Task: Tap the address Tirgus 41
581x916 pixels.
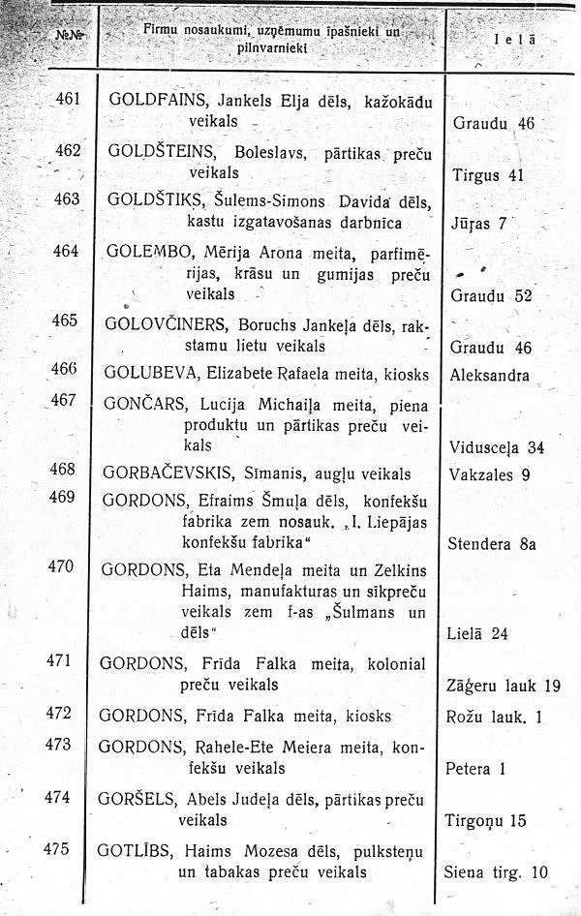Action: click(488, 175)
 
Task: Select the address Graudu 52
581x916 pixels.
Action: click(492, 295)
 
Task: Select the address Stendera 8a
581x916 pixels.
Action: click(493, 544)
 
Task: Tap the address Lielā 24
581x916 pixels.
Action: click(477, 634)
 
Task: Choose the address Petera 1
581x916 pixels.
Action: click(476, 771)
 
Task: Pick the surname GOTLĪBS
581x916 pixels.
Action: click(136, 851)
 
